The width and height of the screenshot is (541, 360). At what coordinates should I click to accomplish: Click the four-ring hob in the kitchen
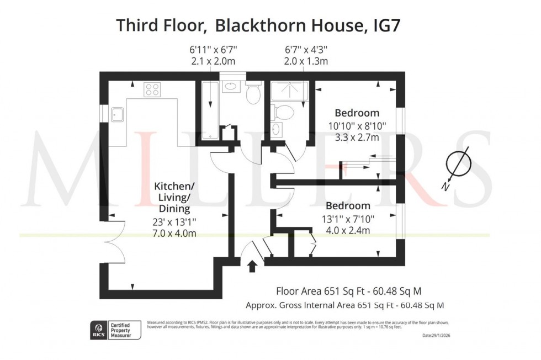point(152,89)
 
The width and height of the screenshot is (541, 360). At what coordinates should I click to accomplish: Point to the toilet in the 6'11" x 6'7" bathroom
point(254,94)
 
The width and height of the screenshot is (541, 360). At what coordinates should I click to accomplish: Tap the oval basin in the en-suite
point(276,130)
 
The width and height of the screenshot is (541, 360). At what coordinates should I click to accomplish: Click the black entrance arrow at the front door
point(253,267)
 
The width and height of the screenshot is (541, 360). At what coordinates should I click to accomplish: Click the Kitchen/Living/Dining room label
point(172,198)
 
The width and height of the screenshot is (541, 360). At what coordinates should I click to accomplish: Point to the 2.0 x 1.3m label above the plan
point(306,61)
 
